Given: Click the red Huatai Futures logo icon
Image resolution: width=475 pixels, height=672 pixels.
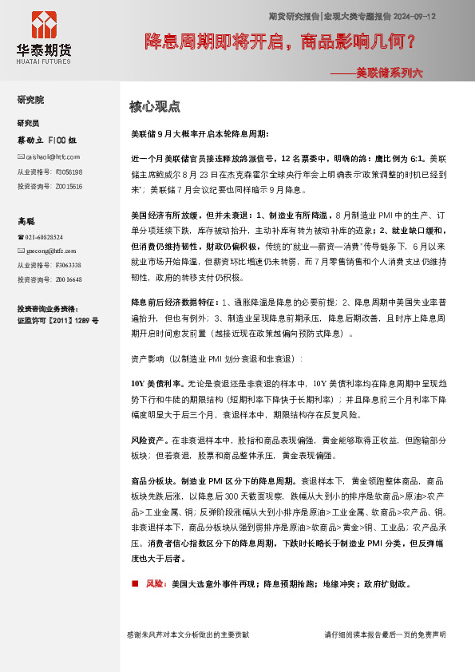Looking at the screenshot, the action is (43, 26).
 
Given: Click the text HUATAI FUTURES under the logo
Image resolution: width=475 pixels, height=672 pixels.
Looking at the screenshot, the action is (44, 61).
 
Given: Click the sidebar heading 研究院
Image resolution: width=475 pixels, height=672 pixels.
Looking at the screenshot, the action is (31, 100).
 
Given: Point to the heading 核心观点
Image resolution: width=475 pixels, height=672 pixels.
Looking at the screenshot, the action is (155, 106).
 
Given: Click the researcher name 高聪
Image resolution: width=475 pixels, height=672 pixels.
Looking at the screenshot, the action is (28, 220).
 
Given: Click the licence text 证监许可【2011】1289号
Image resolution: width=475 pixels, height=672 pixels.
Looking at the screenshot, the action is (58, 320).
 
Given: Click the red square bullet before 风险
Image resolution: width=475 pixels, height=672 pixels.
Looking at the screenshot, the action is (135, 584).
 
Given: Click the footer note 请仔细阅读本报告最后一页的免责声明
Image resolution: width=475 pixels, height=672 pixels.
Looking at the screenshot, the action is (385, 634).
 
